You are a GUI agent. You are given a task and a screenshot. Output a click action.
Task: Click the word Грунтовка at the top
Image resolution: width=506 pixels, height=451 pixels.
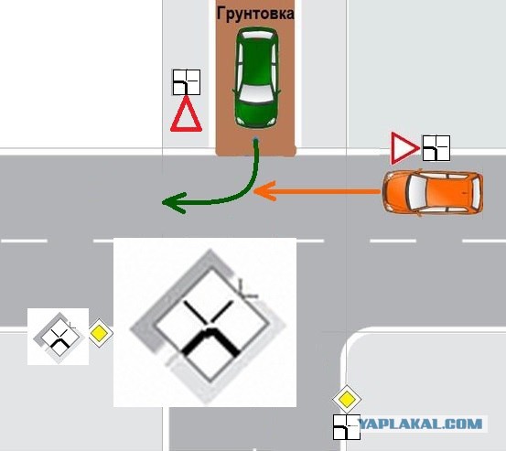(x=255, y=14)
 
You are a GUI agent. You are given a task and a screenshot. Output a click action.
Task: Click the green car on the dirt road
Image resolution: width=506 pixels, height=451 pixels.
(x=257, y=78)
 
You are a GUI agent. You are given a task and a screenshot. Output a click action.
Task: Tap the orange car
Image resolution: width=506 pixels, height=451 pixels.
(x=433, y=192)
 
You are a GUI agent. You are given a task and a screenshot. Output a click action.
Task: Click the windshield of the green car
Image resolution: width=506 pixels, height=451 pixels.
(x=257, y=94)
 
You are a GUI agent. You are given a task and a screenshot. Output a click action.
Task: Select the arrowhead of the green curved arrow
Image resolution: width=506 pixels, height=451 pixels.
(x=174, y=203)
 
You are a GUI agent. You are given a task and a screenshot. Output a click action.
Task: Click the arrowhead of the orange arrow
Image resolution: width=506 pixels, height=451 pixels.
(x=264, y=191)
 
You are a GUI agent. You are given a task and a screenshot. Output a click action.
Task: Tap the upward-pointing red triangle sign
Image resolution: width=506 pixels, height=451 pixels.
(x=186, y=114)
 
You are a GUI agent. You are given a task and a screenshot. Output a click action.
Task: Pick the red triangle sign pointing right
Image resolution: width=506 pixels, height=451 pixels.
(x=404, y=148)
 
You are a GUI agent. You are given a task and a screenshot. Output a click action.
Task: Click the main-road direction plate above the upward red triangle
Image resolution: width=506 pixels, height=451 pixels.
(x=187, y=82)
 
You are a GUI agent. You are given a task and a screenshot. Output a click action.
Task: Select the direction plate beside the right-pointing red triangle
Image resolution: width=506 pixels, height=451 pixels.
(x=436, y=148)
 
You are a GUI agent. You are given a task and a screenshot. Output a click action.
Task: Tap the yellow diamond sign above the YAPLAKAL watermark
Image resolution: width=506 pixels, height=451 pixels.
(x=347, y=400)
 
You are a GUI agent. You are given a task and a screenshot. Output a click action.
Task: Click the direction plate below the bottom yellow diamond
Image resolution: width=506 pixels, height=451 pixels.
(x=347, y=427)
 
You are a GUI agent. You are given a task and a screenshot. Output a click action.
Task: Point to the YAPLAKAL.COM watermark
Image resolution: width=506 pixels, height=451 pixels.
(x=421, y=424)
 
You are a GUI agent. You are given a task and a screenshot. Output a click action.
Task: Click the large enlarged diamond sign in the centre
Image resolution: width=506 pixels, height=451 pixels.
(x=208, y=326)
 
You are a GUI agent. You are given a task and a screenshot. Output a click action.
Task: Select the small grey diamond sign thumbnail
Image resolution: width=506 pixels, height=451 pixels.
(x=58, y=338)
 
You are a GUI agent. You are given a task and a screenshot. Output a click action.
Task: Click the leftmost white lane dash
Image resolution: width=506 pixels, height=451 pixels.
(x=24, y=241)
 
